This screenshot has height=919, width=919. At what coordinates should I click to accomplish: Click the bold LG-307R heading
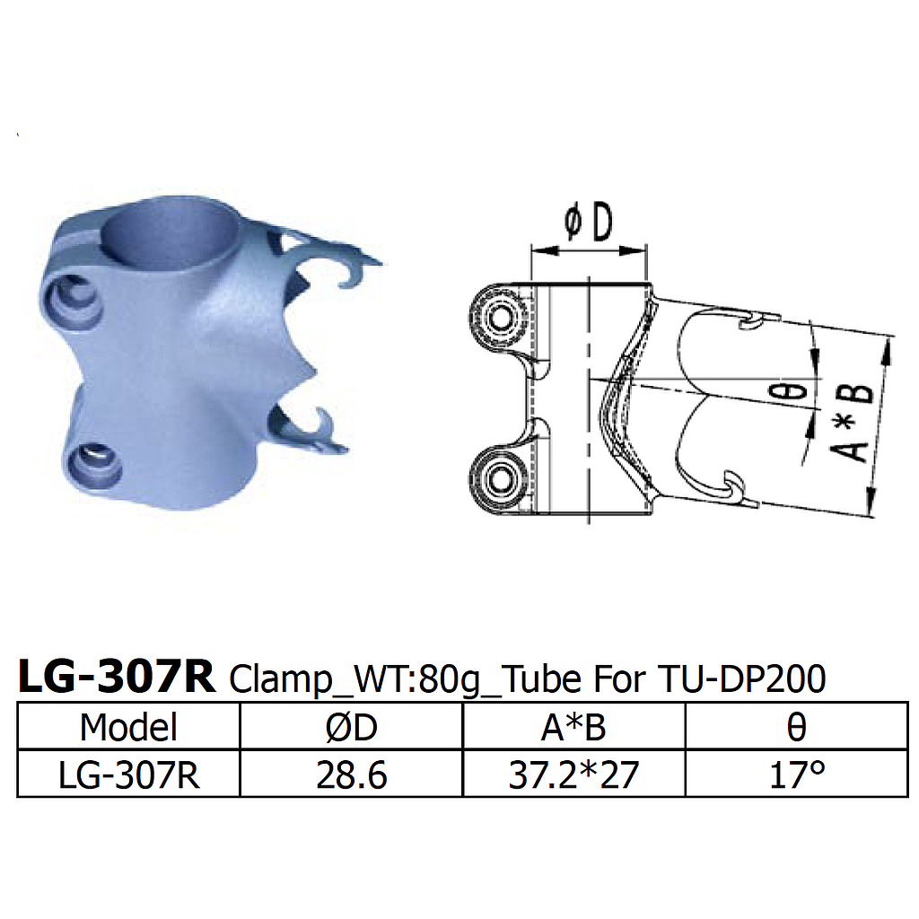(117, 678)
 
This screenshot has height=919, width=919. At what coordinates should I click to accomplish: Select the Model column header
(128, 727)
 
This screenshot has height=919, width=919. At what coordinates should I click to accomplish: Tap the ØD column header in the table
(351, 727)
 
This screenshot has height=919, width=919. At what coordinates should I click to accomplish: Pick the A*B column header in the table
(573, 727)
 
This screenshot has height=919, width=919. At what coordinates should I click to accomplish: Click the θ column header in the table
(795, 727)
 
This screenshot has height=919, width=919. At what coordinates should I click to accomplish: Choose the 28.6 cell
(351, 774)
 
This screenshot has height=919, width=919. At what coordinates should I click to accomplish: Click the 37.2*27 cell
(573, 774)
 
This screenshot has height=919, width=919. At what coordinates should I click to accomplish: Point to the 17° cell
(795, 774)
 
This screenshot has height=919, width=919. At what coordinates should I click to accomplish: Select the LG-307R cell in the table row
(128, 774)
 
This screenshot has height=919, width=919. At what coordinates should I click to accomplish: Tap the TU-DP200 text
(741, 679)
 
